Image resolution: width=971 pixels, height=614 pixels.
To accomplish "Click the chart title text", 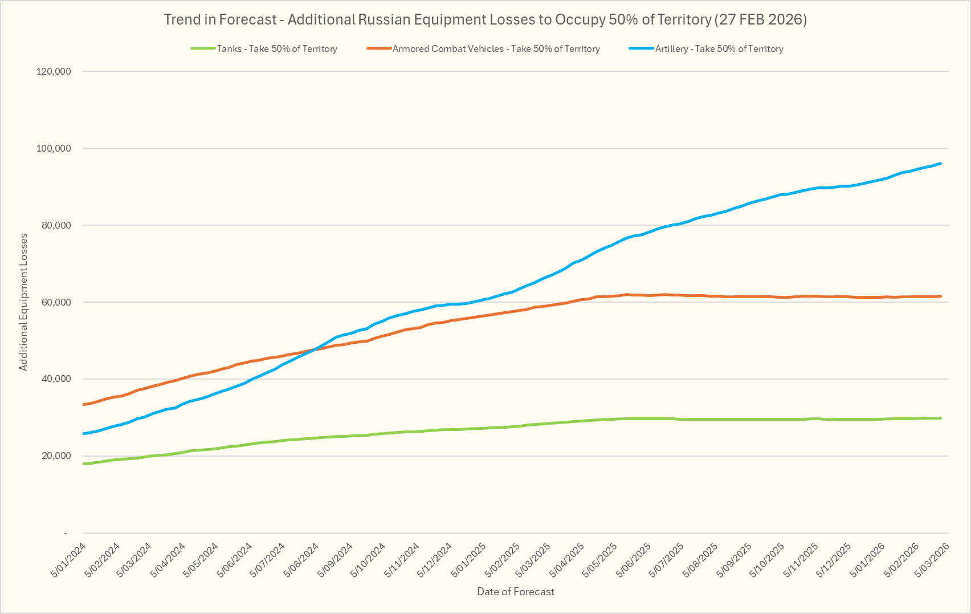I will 485,19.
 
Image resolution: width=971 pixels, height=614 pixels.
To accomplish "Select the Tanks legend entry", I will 277,49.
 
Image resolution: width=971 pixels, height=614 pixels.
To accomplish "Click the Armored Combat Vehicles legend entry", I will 496,49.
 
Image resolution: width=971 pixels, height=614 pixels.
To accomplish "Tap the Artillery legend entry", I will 719,49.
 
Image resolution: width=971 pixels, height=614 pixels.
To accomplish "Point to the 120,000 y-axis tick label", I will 54,71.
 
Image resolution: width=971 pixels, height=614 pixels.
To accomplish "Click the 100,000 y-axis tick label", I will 54,148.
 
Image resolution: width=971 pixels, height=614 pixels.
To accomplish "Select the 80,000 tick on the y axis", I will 55,225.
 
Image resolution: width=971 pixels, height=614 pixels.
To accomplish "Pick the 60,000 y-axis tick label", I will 55,302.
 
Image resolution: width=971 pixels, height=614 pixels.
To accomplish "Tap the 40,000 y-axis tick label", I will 55,379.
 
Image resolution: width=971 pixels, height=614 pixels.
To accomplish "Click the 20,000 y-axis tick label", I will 55,456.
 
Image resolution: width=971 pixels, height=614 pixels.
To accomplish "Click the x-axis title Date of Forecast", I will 515,592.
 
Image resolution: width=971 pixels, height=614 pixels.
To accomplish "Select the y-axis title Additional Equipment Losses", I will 23,302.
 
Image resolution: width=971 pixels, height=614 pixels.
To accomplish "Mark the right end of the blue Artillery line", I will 940,164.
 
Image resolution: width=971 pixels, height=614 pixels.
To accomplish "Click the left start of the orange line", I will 84,404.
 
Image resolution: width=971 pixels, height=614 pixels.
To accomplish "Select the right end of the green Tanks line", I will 940,418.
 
